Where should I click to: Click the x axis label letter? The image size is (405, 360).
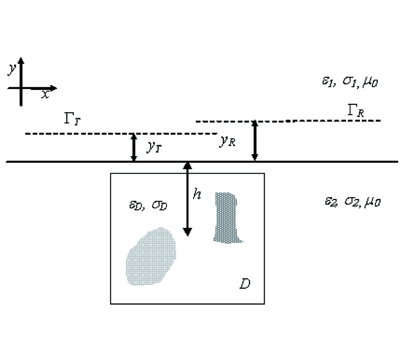pos(45,94)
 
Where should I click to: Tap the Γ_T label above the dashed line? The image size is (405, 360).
pos(72,119)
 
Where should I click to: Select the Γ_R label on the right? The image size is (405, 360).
pos(355,111)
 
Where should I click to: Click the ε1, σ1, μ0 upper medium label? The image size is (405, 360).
pos(346,82)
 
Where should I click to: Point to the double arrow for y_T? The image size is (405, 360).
pos(133,148)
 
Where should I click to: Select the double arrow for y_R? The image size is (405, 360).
pos(255,140)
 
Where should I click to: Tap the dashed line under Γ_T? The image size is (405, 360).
pos(90,134)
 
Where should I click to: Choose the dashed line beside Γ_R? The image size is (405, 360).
pos(315,121)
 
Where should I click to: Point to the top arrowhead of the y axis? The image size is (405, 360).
pos(22,61)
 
